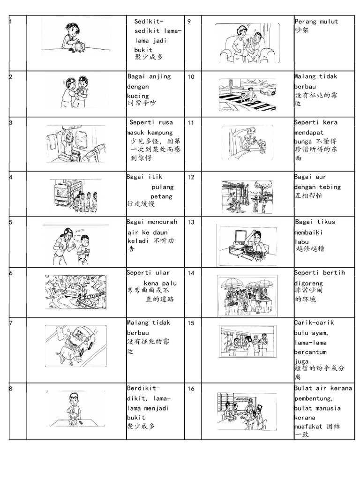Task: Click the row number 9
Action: pos(189,22)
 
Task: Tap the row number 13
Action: pos(191,222)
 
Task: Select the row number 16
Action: pos(191,389)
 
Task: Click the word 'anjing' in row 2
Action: pos(160,77)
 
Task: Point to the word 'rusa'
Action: pos(165,122)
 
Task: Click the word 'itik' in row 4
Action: pos(155,177)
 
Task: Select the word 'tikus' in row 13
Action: pos(326,222)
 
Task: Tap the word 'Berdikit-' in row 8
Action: pos(143,388)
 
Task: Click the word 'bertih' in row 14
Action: pos(334,272)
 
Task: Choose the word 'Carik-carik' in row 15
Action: pos(314,322)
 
